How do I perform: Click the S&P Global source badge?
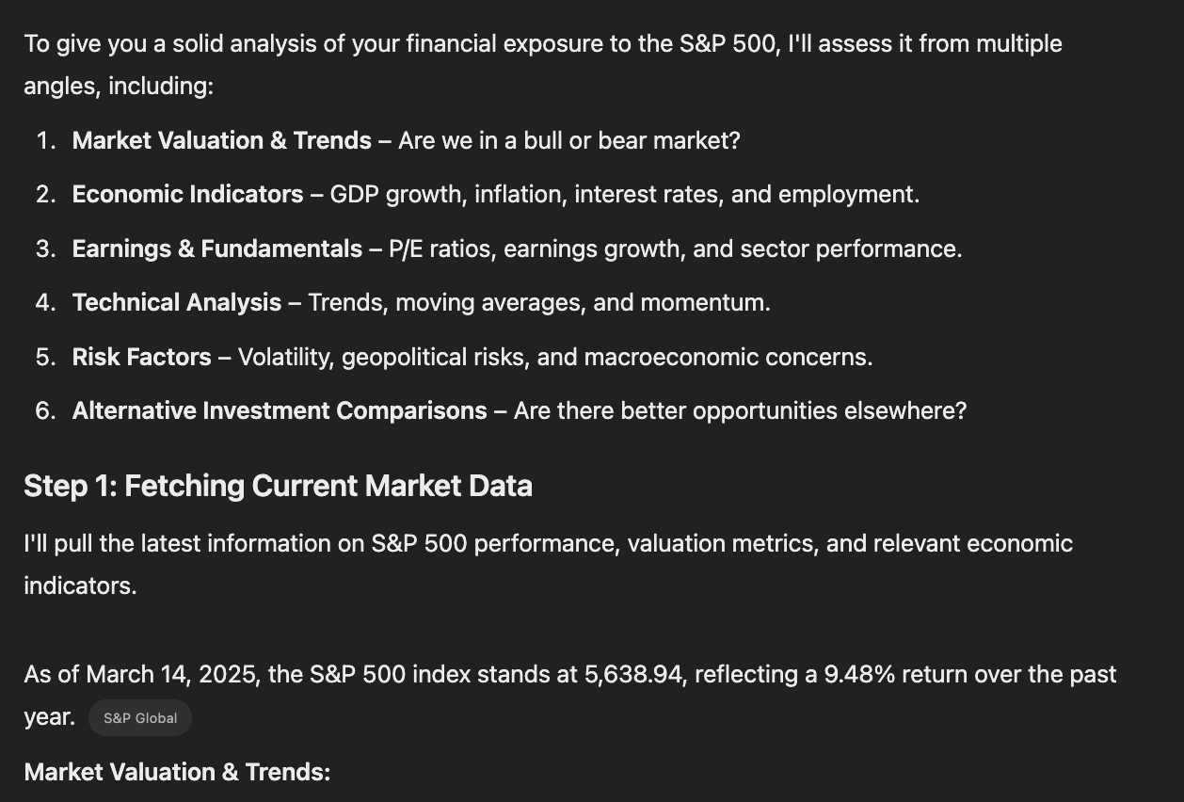(x=140, y=718)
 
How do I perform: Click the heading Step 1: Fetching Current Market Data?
(x=278, y=486)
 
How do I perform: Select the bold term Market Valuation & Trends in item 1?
(x=221, y=140)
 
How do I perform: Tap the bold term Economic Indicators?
(x=187, y=194)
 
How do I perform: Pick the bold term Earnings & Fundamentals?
(x=216, y=249)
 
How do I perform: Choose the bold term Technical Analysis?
(x=176, y=302)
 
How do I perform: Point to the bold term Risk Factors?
(x=141, y=357)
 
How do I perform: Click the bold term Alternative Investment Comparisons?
(x=280, y=410)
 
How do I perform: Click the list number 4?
(x=45, y=302)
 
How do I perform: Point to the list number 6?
(x=45, y=410)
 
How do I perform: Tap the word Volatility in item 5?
(x=285, y=357)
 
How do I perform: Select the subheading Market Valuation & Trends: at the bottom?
(x=177, y=772)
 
